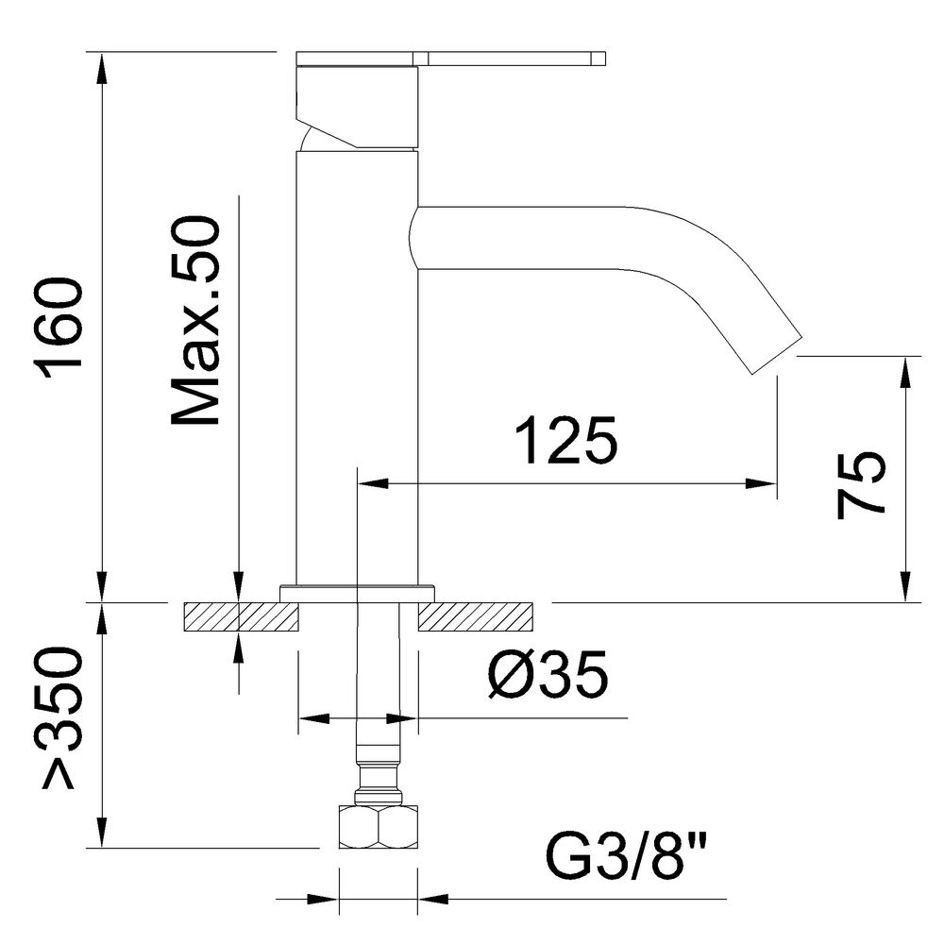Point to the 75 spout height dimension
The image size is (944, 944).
(861, 483)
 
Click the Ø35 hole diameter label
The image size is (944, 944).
(547, 676)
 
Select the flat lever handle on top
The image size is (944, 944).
(510, 59)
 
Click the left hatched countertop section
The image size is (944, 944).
(242, 617)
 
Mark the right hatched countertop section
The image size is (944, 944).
(475, 617)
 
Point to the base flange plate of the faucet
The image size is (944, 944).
(357, 593)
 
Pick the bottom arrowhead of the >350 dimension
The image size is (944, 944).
(101, 834)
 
